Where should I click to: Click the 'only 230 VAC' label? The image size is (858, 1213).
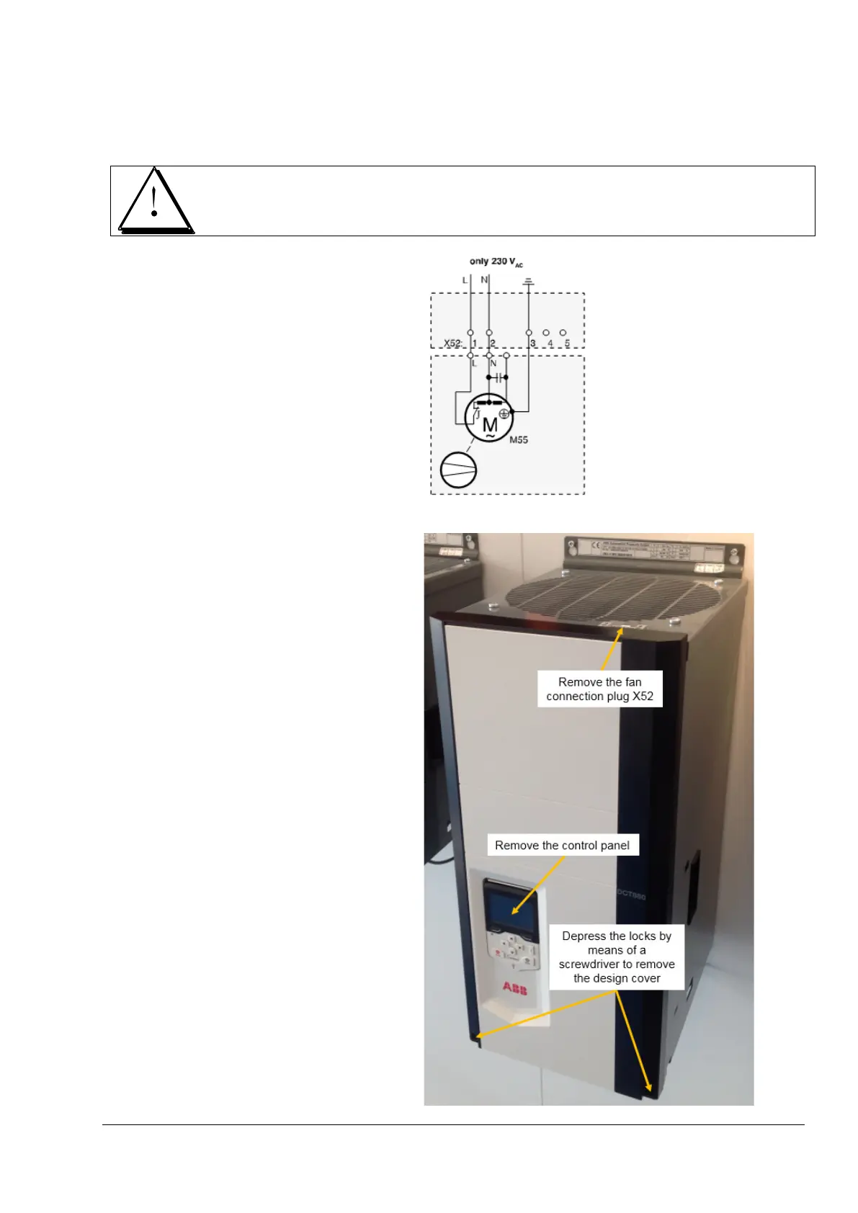point(496,261)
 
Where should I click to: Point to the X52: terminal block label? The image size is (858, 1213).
point(452,343)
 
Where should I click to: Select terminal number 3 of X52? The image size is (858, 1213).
point(532,343)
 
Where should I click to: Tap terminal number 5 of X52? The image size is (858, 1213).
point(567,343)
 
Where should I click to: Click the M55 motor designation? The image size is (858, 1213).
point(519,439)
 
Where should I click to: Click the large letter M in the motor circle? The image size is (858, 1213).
point(489,425)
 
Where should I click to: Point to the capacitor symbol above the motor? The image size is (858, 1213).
point(498,377)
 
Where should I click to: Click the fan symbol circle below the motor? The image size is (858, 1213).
point(458,470)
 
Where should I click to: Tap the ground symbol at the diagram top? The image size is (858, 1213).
point(528,282)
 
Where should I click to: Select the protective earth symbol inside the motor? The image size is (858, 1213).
point(504,413)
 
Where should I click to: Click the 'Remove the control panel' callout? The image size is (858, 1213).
point(562,845)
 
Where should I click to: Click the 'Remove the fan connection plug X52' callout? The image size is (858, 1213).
point(599,689)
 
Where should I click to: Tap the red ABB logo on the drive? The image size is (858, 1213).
point(514,988)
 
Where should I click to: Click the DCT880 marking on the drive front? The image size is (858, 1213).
point(631,895)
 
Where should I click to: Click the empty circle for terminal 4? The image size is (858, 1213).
point(546,333)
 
